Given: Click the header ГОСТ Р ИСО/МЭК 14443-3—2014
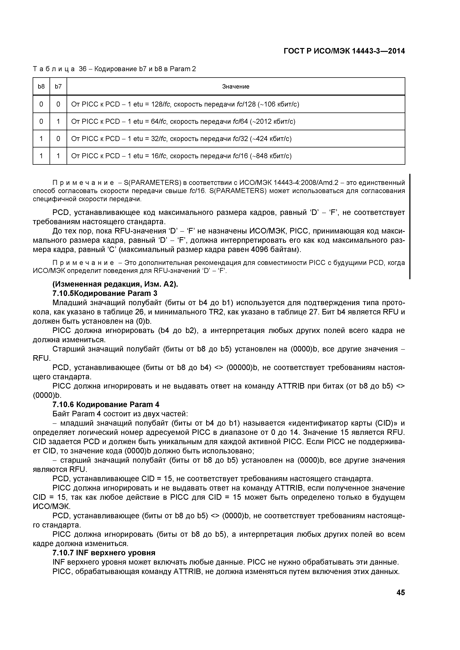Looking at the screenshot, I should pos(344,51).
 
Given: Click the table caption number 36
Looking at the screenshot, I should pos(83,69).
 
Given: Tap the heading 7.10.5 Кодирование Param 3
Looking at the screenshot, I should pos(105,293).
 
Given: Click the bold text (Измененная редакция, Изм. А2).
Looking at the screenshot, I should pos(115,284).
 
